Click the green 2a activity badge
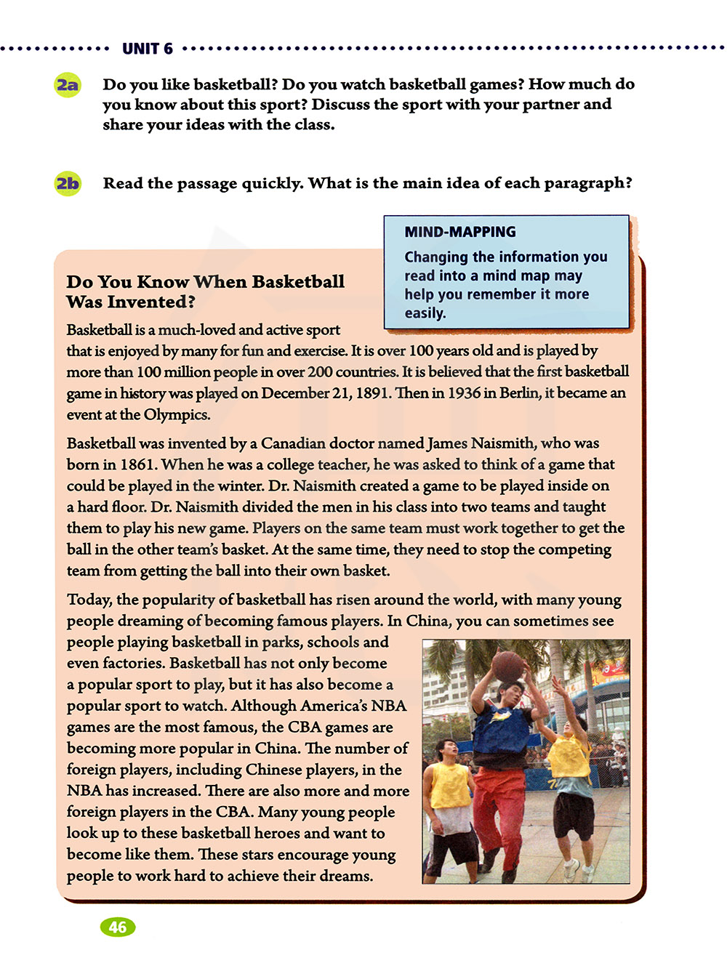tap(68, 85)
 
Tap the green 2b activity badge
tap(68, 183)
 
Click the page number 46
tap(117, 927)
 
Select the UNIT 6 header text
tap(148, 49)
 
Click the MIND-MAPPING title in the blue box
tap(460, 232)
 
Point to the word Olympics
tap(177, 415)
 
